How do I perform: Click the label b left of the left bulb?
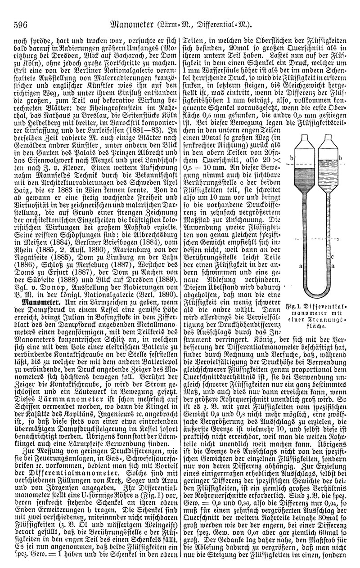click(x=291, y=158)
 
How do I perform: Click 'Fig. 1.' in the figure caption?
click(x=293, y=307)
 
